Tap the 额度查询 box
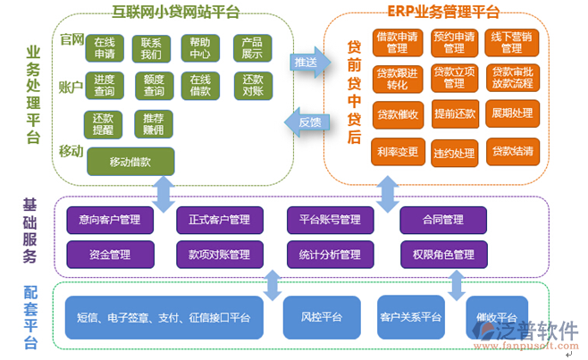[154, 85]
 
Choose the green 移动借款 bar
[130, 161]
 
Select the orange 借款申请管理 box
[398, 42]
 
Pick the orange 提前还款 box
[454, 113]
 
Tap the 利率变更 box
[398, 151]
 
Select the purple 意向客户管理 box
[110, 219]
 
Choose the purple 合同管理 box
[442, 219]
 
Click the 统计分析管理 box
[330, 255]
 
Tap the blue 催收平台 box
[496, 317]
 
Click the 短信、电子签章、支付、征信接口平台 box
[164, 317]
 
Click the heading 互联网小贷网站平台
[175, 13]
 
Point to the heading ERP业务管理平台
[443, 12]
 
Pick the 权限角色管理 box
[442, 255]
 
